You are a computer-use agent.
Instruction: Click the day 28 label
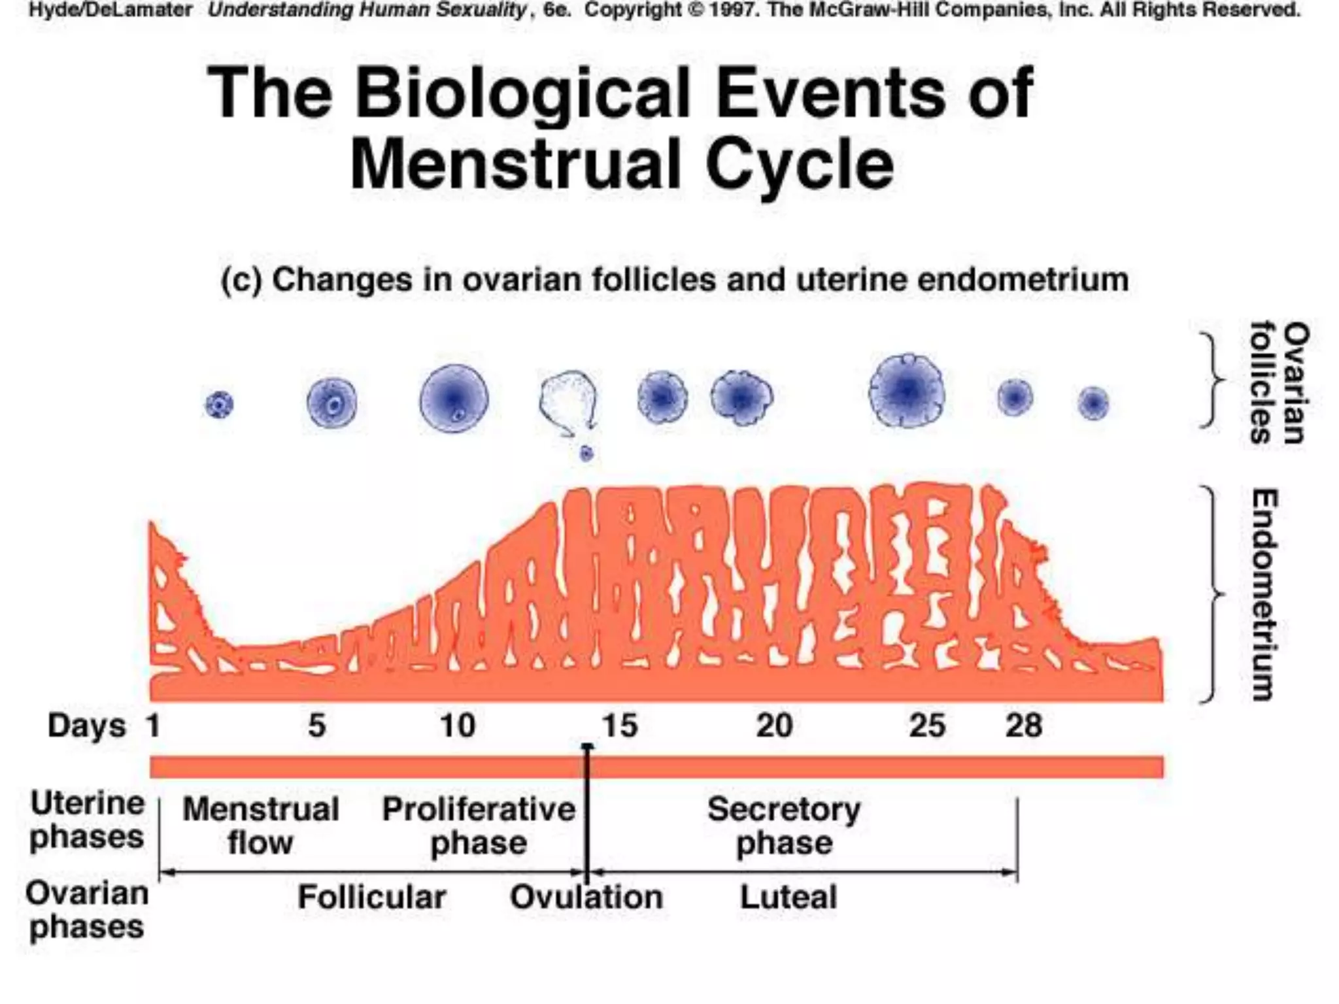(1023, 726)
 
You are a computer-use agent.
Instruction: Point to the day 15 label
(619, 726)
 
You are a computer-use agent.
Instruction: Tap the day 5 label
(317, 726)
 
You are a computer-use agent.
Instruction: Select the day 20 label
(774, 726)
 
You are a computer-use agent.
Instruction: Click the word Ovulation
(586, 897)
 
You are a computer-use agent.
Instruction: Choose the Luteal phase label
(788, 897)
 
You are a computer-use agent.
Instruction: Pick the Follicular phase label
(372, 897)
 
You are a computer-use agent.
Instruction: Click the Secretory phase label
(784, 826)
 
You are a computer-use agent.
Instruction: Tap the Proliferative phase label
(479, 826)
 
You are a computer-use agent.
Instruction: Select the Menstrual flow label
(261, 826)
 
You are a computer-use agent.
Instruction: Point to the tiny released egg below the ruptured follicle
(586, 453)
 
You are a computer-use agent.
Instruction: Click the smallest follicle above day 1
(219, 405)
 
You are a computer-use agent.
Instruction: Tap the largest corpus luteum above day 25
(907, 392)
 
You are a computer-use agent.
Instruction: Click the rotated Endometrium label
(1264, 595)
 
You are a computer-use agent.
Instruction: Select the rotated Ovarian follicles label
(1279, 383)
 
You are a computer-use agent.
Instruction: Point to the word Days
(86, 726)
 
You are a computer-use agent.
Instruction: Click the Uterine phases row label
(87, 820)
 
